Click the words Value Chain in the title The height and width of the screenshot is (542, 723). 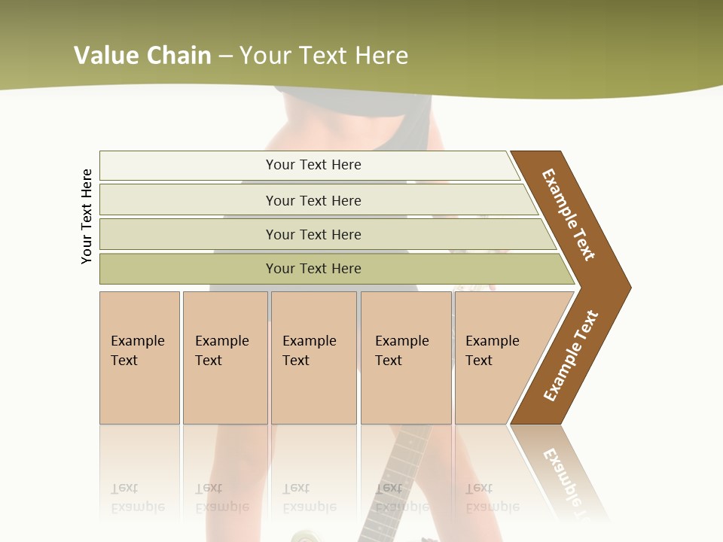click(x=142, y=56)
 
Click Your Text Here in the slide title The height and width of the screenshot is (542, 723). click(x=324, y=56)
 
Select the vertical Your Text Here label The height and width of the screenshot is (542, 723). click(x=87, y=216)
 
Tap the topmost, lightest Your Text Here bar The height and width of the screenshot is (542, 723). click(x=313, y=165)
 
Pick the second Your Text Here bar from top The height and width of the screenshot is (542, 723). click(x=313, y=200)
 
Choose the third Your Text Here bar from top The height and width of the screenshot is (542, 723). click(x=313, y=234)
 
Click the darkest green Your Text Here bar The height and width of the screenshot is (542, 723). click(x=313, y=269)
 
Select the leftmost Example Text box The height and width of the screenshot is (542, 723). click(x=139, y=354)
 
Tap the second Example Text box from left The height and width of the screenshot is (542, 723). click(x=224, y=354)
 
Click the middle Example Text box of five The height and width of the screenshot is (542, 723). click(x=313, y=354)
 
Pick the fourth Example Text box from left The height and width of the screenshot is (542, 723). click(x=405, y=354)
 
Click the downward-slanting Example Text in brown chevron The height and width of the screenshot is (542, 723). click(x=569, y=215)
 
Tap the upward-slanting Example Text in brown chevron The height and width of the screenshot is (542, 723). click(x=571, y=356)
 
